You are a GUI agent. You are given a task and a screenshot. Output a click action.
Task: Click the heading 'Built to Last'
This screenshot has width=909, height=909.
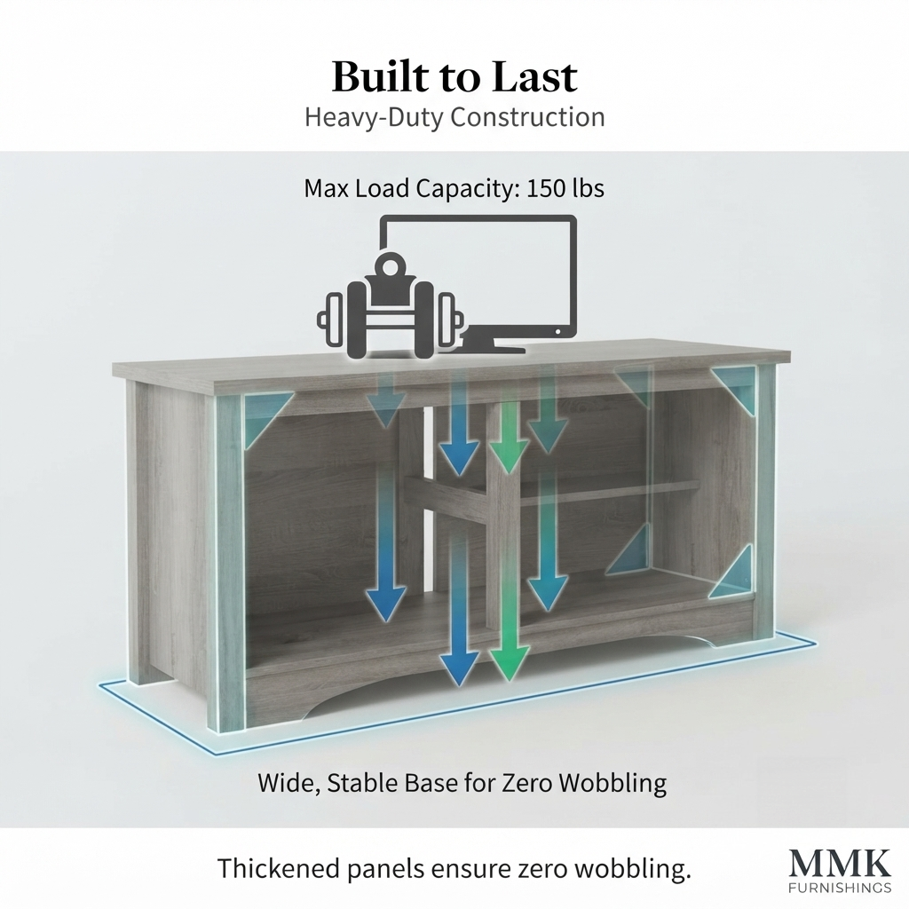click(454, 76)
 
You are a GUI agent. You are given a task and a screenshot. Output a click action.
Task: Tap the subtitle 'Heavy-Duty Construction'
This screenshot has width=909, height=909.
click(454, 117)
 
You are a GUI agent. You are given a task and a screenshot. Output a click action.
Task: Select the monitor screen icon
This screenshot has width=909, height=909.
click(478, 277)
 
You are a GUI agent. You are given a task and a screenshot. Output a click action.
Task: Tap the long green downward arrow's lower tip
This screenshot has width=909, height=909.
click(509, 680)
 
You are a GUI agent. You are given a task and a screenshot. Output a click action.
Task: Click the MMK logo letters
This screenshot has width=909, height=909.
click(841, 865)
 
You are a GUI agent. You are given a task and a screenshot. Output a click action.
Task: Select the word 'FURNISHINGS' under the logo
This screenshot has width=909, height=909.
click(841, 888)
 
